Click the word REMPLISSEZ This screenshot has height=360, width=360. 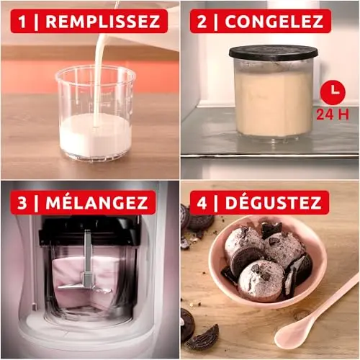[103, 21]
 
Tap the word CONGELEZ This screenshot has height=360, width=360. [274, 21]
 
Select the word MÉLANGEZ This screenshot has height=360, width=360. [96, 203]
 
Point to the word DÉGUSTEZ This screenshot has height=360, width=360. [273, 203]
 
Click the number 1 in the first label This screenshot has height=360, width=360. [22, 22]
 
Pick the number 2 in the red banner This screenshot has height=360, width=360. [202, 22]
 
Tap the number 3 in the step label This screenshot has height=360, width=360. [22, 203]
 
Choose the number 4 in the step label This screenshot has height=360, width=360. [202, 203]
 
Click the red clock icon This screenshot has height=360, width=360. [333, 92]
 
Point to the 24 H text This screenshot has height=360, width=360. [333, 114]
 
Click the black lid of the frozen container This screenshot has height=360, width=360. [274, 53]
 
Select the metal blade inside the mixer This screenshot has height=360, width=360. [86, 287]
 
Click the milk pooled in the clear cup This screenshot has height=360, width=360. [95, 135]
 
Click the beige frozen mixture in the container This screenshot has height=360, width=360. [273, 101]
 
